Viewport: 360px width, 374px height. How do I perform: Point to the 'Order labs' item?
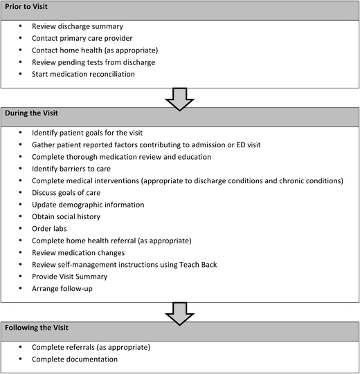[62, 229]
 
